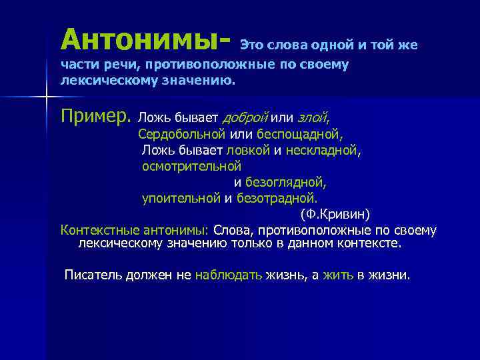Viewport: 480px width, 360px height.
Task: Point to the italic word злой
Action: pyautogui.click(x=311, y=118)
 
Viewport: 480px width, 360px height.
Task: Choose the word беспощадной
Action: pyautogui.click(x=304, y=134)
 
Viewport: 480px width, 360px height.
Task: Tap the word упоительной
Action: pyautogui.click(x=181, y=198)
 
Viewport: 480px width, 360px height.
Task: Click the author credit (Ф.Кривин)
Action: pyautogui.click(x=335, y=214)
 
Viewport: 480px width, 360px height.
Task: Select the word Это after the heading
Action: pyautogui.click(x=252, y=45)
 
